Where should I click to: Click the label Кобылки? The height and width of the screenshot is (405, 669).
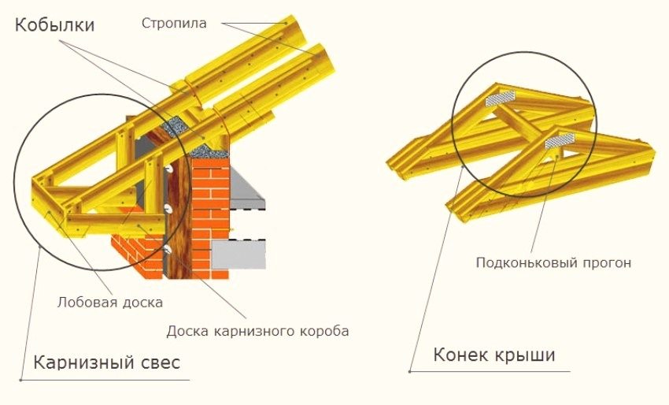pyautogui.click(x=54, y=25)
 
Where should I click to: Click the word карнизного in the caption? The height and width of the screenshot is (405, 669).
pyautogui.click(x=255, y=330)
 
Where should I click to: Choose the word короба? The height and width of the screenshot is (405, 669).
pyautogui.click(x=323, y=330)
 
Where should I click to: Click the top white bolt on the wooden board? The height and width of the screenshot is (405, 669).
pyautogui.click(x=168, y=169)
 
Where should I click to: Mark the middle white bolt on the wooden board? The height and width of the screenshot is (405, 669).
pyautogui.click(x=168, y=207)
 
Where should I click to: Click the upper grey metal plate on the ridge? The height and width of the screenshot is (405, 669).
pyautogui.click(x=501, y=98)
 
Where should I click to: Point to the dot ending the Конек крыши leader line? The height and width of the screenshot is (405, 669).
pyautogui.click(x=409, y=370)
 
